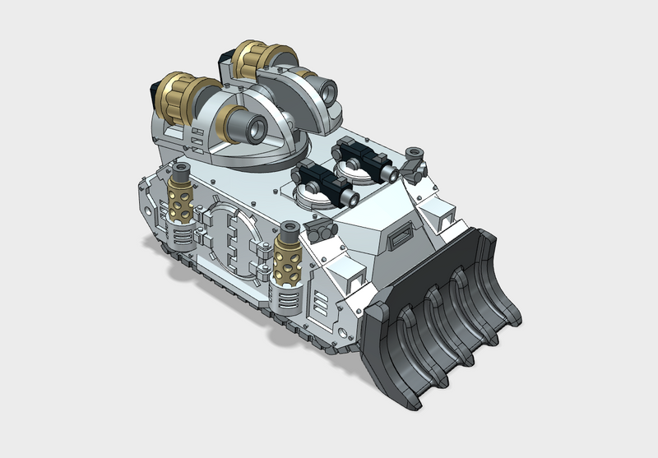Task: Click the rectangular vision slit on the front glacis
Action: click(401, 239)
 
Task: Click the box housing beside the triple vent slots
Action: click(345, 284)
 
